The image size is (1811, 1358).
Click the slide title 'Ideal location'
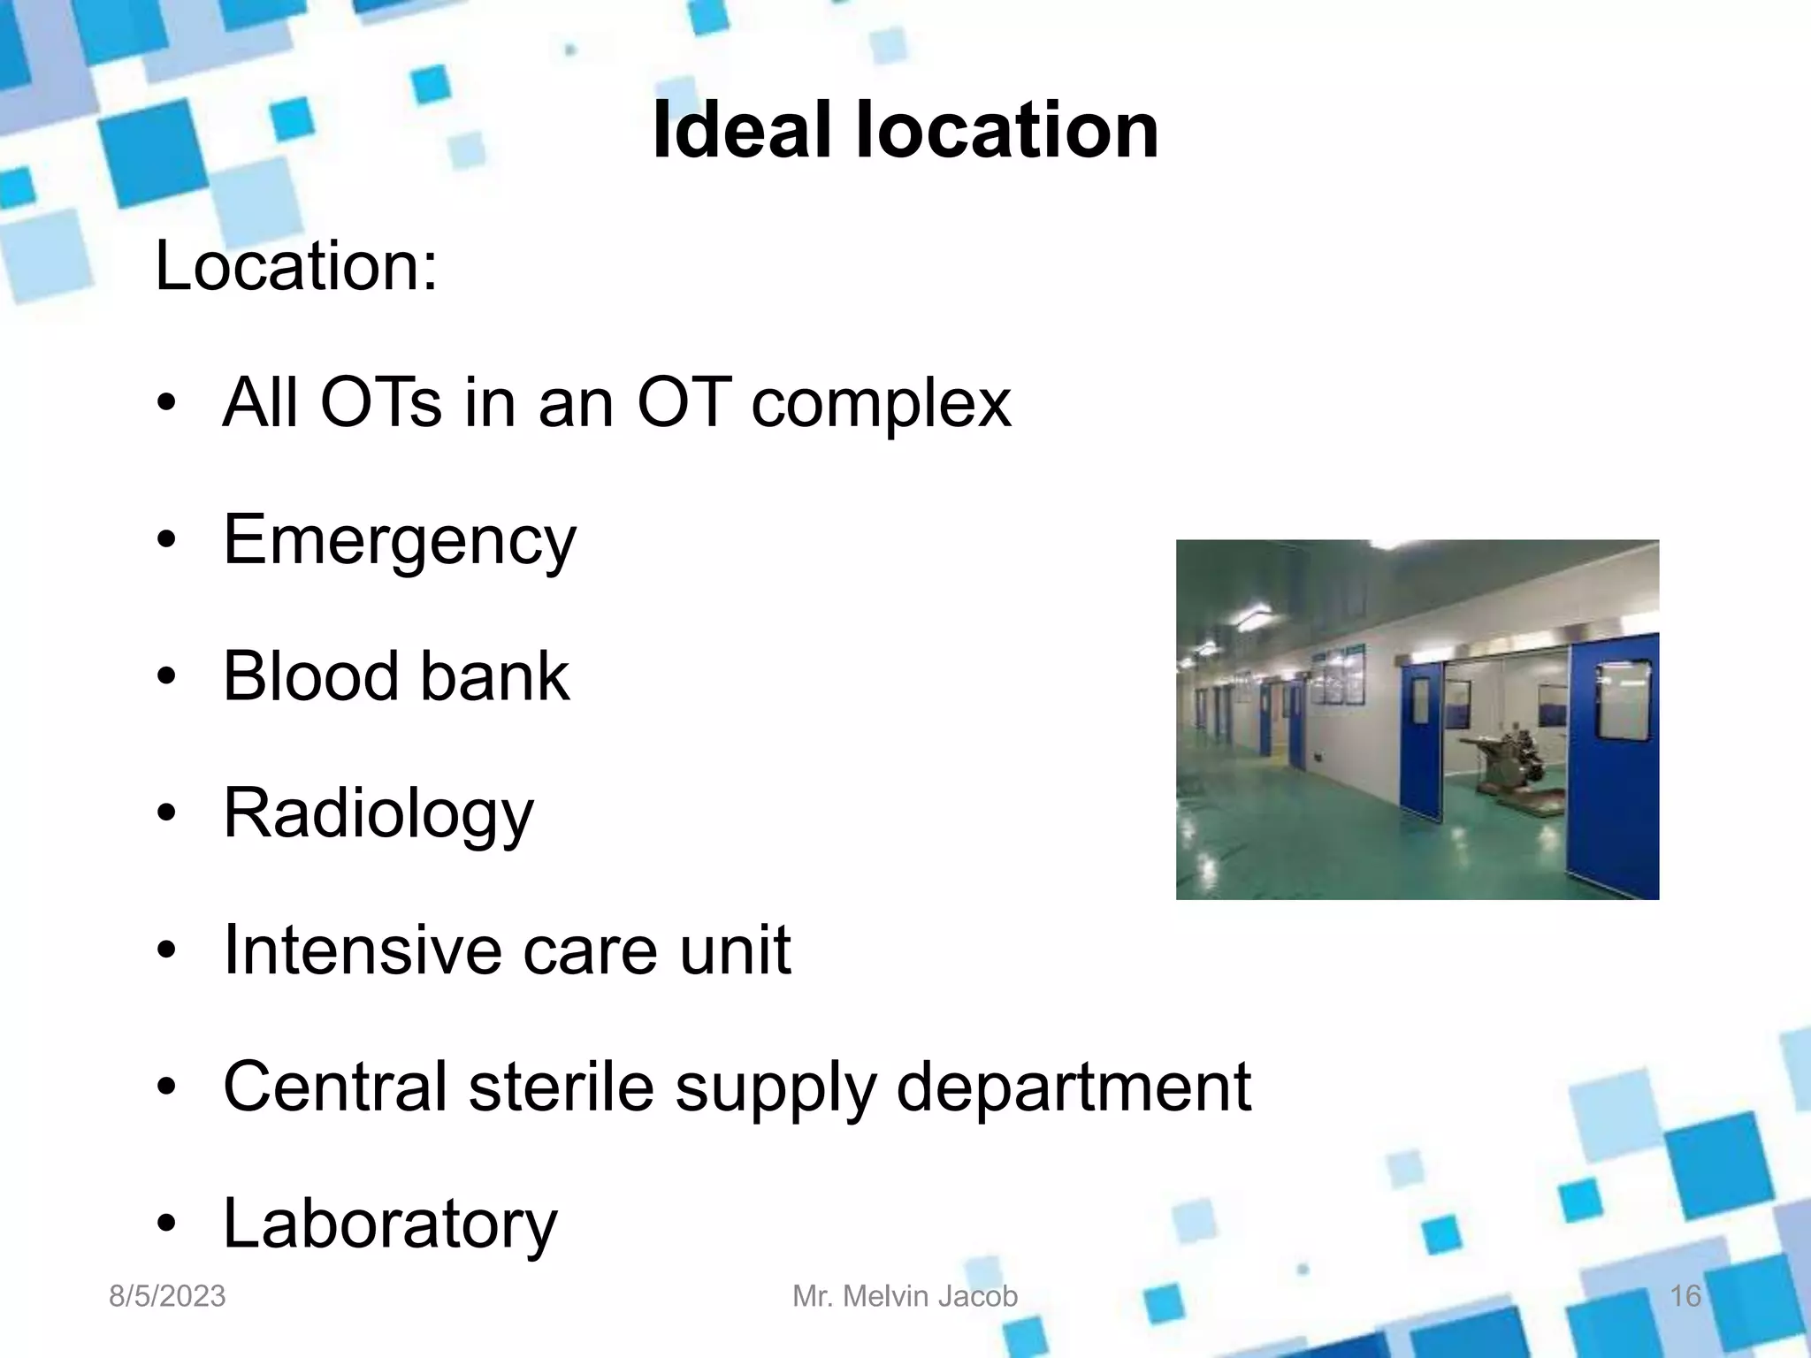coord(905,131)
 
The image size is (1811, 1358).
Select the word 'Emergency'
coord(399,540)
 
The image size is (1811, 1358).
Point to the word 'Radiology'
coord(378,814)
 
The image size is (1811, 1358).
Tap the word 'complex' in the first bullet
coord(880,403)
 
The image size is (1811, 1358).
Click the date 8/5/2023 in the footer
coord(167,1296)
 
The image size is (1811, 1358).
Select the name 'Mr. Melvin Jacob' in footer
coord(905,1296)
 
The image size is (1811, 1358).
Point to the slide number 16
coord(1685,1296)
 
